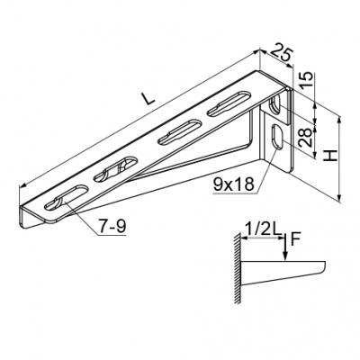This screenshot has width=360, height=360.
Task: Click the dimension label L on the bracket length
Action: pos(149,99)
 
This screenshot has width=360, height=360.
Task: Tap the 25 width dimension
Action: pos(281,54)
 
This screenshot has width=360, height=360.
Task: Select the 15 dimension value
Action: pos(306,80)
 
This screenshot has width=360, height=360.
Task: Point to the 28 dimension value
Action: pos(306,137)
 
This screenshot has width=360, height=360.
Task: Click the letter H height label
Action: pos(330,157)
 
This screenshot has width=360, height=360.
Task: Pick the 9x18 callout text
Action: pos(233,184)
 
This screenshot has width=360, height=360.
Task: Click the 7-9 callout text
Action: pos(112,226)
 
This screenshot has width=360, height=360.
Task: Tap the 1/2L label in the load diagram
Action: pos(264,230)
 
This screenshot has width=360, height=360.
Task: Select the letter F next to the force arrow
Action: pos(295,239)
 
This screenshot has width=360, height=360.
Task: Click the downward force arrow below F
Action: pos(286,246)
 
